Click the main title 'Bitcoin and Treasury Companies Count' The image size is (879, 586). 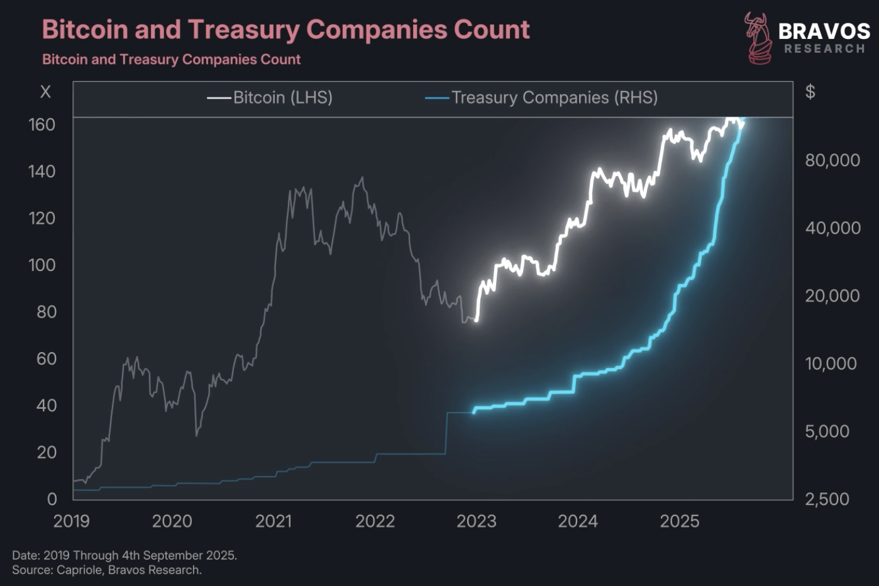285,30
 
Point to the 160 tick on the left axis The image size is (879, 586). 42,124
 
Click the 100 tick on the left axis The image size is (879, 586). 42,265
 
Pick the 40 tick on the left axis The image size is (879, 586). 46,406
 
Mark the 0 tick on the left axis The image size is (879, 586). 52,499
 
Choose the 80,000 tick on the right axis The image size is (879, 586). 832,160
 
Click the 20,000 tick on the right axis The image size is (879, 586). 832,296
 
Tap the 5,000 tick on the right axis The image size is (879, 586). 827,431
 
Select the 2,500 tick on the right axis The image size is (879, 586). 827,499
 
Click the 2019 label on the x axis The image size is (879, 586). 71,521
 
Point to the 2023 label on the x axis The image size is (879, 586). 476,521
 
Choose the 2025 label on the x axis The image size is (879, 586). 679,521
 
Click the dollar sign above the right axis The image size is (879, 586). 810,92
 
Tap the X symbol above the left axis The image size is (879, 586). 45,92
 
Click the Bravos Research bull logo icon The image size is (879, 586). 758,38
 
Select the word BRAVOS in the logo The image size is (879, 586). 824,31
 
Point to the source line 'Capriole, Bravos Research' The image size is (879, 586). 107,570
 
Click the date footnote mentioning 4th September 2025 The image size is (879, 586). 124,555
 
